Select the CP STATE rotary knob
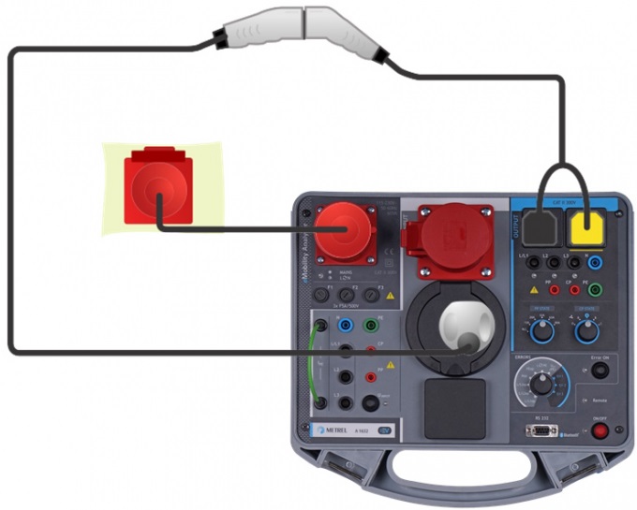coord(587,329)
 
